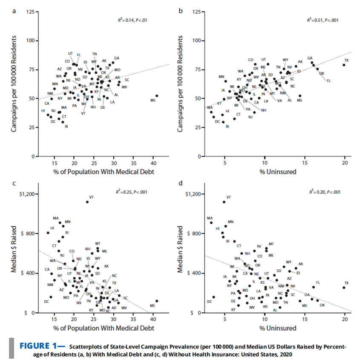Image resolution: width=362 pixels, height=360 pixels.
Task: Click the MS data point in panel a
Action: (157, 96)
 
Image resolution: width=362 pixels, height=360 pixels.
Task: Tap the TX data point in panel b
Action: (344, 65)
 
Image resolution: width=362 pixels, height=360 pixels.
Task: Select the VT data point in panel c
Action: (87, 202)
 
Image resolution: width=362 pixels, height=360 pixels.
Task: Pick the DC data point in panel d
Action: (213, 297)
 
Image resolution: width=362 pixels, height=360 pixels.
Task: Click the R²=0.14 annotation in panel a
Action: (132, 20)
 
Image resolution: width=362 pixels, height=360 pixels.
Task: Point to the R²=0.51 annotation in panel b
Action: (323, 20)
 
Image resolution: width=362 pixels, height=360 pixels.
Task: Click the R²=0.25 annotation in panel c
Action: (132, 192)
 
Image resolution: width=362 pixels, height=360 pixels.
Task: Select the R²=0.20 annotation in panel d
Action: (325, 192)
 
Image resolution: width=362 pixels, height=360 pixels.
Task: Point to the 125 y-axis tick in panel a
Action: (30, 12)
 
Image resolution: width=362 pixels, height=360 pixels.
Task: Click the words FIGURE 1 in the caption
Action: (41, 346)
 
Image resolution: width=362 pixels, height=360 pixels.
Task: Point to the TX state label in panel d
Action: (346, 283)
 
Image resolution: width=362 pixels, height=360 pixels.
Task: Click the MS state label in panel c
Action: (152, 305)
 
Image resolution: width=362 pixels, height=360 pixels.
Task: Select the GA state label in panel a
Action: (116, 58)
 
